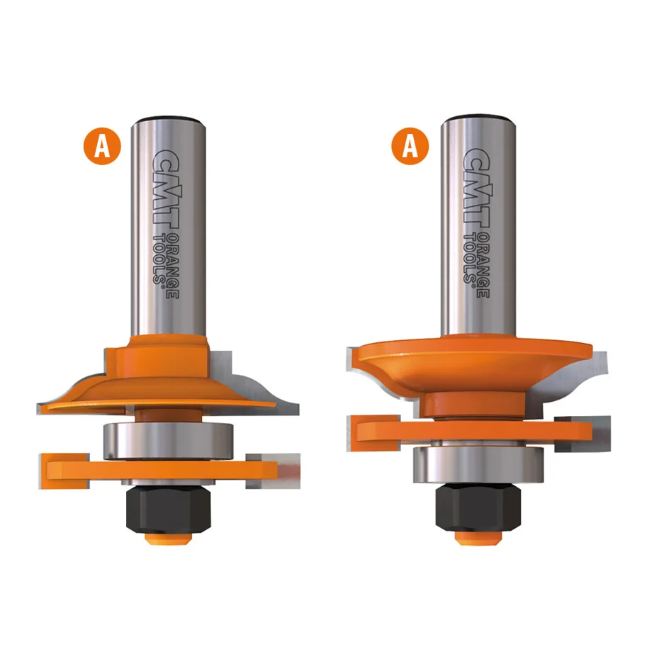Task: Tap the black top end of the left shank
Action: tap(167, 118)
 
